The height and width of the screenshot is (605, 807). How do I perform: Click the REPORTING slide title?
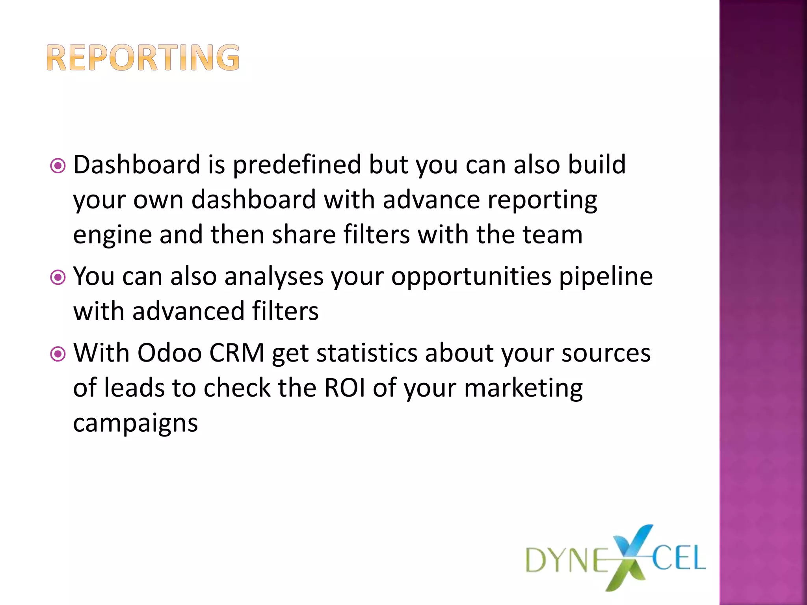click(x=143, y=58)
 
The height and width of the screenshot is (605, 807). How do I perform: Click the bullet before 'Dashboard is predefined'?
click(x=58, y=166)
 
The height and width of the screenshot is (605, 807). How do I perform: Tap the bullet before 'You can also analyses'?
click(x=58, y=278)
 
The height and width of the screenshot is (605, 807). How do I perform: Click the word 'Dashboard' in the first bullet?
click(x=137, y=164)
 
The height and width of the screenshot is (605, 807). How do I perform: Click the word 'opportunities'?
click(x=471, y=277)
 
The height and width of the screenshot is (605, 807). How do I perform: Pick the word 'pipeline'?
click(x=606, y=277)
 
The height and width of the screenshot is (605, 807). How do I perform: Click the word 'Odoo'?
click(x=169, y=353)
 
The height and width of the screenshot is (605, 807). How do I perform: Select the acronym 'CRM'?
click(x=236, y=353)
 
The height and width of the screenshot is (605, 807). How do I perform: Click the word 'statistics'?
click(x=366, y=353)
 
